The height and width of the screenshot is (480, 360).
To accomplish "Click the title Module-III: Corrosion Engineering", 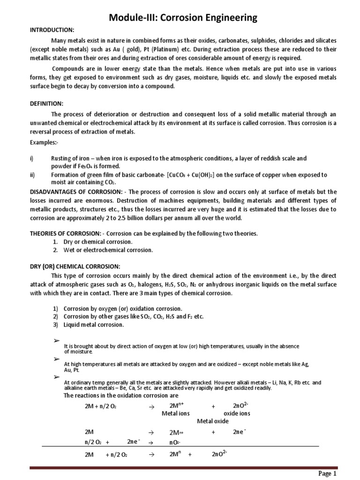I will pyautogui.click(x=183, y=18).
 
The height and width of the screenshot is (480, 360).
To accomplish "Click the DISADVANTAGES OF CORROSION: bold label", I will pyautogui.click(x=74, y=192).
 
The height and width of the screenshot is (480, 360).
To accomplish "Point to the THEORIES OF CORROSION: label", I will pyautogui.click(x=65, y=233).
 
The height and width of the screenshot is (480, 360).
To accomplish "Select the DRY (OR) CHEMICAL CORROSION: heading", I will pyautogui.click(x=75, y=266).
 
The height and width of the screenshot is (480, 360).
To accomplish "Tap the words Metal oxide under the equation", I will pyautogui.click(x=213, y=421).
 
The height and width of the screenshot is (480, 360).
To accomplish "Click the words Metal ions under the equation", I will pyautogui.click(x=176, y=413).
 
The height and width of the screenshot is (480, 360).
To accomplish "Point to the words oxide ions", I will pyautogui.click(x=237, y=413).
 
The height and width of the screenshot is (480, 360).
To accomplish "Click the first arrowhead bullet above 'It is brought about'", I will pyautogui.click(x=57, y=339).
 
